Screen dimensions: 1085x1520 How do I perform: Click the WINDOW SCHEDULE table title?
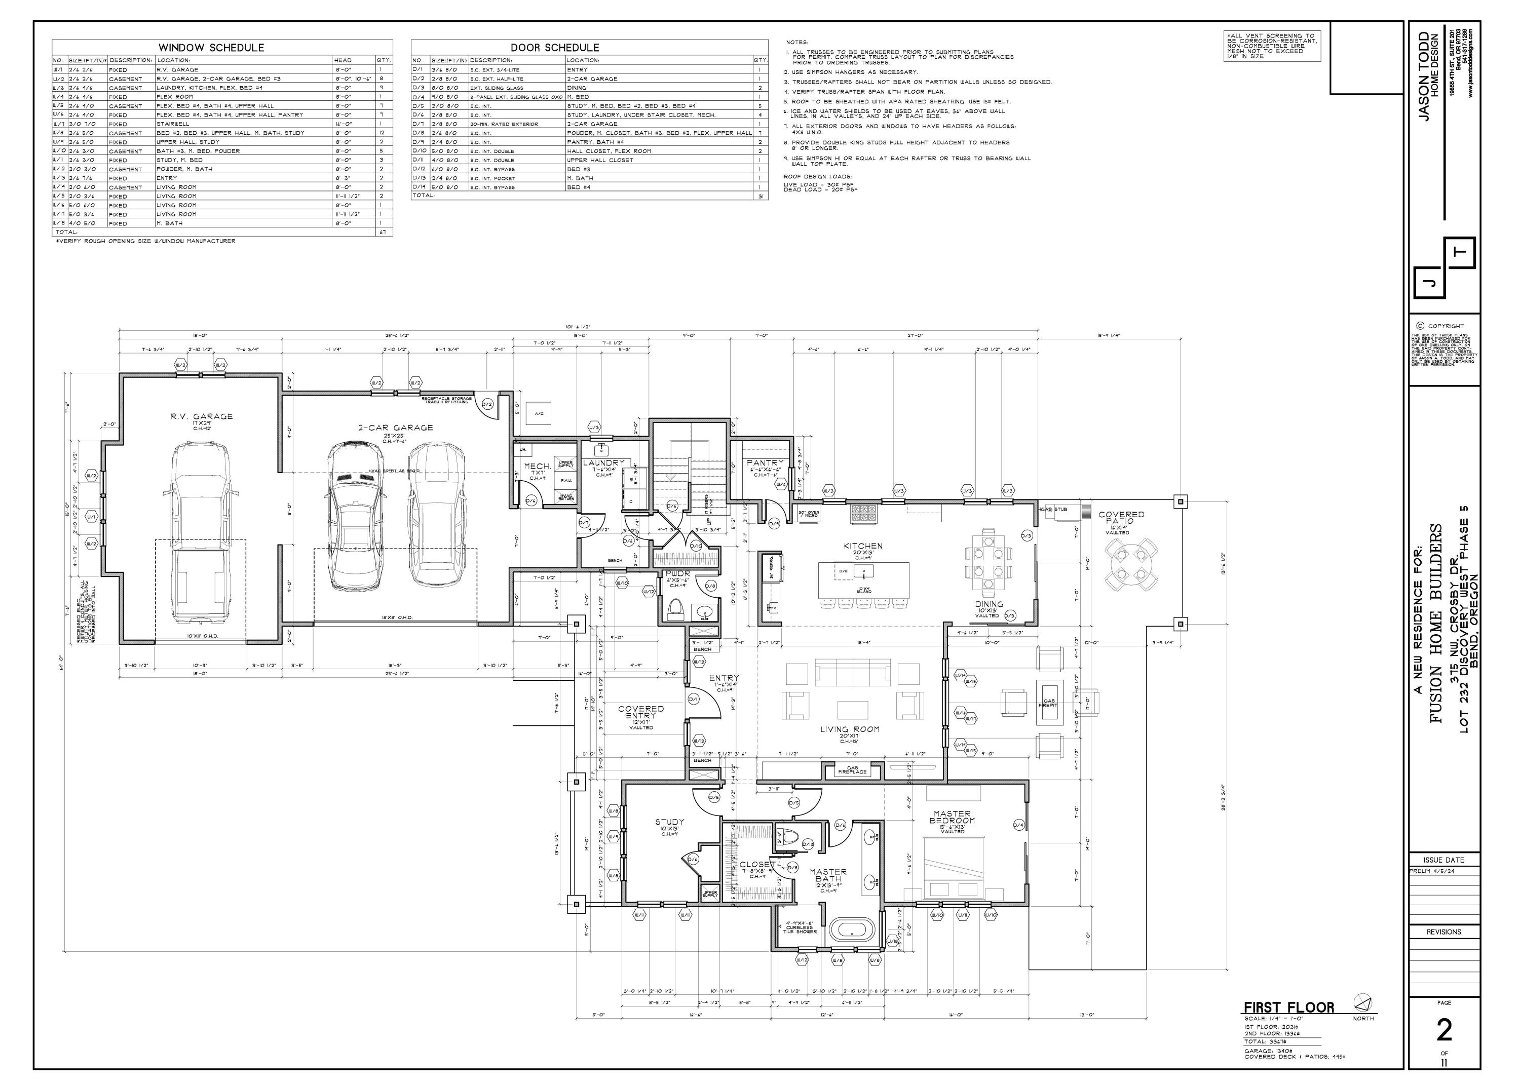(211, 48)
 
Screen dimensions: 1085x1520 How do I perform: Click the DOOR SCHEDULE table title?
(555, 48)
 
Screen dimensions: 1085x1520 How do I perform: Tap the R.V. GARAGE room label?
(201, 416)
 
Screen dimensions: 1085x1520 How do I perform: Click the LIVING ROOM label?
(849, 729)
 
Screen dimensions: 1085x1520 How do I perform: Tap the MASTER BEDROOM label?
(952, 817)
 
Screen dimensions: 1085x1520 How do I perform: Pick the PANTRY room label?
(765, 462)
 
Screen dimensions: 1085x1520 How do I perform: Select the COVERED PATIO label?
(1121, 517)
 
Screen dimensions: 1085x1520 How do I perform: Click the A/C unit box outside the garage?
(539, 413)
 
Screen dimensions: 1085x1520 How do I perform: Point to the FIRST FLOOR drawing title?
(1288, 1007)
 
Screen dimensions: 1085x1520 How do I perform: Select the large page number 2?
(1444, 1031)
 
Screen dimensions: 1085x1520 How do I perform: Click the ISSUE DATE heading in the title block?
(1444, 860)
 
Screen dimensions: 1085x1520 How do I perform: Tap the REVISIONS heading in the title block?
(1444, 932)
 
